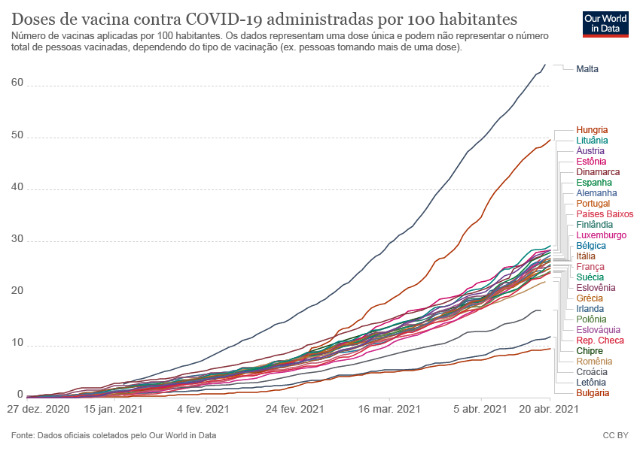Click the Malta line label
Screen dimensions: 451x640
587,69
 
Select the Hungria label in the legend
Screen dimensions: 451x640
592,130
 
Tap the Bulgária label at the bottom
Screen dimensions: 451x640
593,393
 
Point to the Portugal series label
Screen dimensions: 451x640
593,204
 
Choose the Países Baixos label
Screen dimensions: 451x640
605,214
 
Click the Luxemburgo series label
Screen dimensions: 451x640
601,235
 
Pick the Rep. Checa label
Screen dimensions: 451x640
600,341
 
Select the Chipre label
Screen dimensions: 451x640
590,351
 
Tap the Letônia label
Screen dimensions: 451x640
592,383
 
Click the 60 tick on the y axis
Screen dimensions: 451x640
18,85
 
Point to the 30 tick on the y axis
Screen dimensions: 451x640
18,241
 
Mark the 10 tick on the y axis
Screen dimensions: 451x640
18,344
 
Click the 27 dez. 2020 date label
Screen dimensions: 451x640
38,410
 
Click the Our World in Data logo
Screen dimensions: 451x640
605,23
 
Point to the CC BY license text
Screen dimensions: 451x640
616,435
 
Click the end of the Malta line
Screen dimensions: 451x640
545,65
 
